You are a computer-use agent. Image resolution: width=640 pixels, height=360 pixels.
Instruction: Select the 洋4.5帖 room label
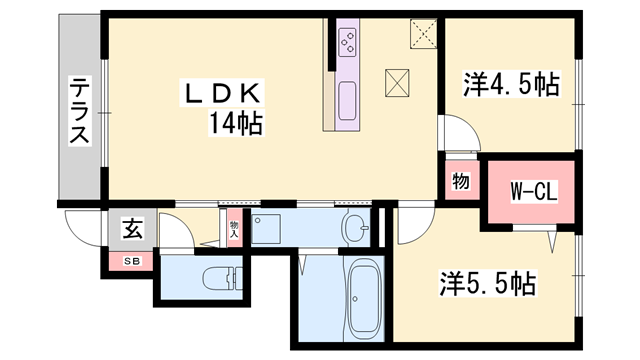coord(510,86)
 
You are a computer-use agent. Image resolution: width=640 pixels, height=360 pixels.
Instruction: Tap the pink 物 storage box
coord(460,183)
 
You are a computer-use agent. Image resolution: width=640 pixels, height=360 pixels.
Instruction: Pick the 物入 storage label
coord(234,231)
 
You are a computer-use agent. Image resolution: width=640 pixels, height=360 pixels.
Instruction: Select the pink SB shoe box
coord(131,262)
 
